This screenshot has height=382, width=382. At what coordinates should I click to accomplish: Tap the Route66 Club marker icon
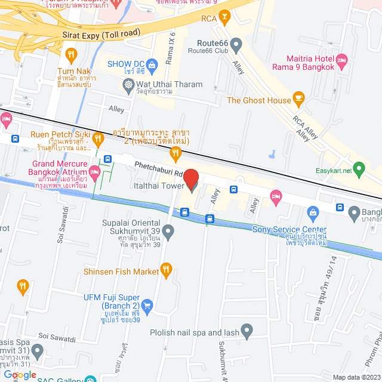[236, 44]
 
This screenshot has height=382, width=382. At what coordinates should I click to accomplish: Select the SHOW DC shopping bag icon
[152, 64]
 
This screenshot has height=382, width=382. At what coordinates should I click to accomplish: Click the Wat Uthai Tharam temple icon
[129, 85]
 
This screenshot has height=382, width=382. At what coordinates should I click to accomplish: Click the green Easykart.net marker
[359, 168]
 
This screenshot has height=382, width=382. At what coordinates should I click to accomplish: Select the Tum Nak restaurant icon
[72, 56]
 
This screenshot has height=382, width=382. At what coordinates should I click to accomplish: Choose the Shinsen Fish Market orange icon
[168, 271]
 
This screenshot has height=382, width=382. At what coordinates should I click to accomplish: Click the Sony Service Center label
[289, 229]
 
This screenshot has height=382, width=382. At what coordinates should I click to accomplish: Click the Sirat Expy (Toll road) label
[101, 34]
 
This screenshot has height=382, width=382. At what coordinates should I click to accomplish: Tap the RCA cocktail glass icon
[224, 19]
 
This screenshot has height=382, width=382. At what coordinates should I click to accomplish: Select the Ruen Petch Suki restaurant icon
[98, 138]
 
